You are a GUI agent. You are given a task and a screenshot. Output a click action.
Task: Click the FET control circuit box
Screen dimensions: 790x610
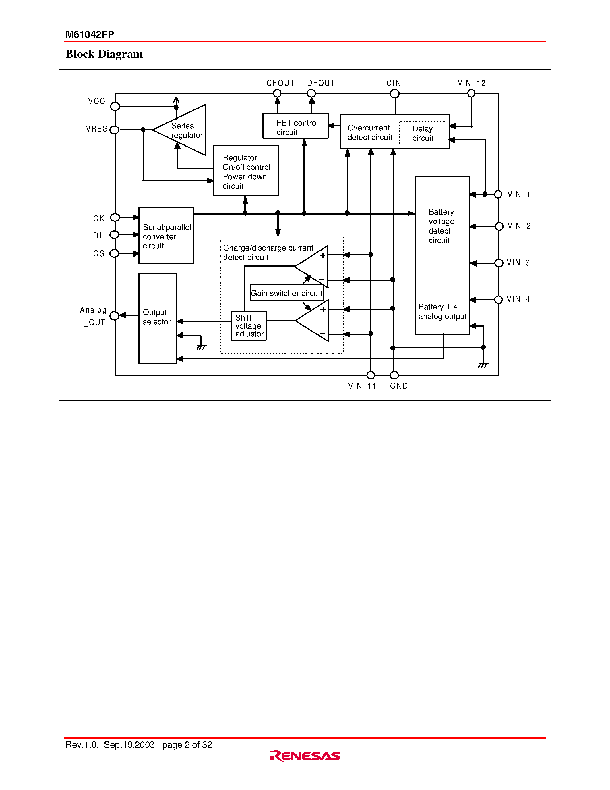295,126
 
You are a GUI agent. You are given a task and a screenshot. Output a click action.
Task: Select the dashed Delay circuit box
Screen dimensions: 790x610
422,133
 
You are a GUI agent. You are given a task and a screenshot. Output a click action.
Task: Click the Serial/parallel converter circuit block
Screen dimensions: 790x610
166,236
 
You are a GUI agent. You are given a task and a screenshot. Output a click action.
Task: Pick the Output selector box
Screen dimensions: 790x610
157,318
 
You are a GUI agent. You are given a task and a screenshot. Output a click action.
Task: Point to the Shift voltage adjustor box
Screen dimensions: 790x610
249,325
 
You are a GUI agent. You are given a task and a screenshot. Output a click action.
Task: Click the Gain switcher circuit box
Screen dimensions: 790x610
286,293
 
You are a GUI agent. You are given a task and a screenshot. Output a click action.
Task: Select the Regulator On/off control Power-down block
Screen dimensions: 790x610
246,171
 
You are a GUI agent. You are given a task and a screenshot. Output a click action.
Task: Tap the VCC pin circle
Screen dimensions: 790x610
115,106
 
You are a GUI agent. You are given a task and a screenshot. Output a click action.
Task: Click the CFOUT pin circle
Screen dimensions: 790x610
277,93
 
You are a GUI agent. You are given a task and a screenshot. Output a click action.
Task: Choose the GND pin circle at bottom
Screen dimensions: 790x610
394,375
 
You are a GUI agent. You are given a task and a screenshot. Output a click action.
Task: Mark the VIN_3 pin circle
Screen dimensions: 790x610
499,263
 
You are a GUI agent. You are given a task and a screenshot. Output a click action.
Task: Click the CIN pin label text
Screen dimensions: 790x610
394,83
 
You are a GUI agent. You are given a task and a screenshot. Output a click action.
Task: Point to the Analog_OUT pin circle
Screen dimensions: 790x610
114,315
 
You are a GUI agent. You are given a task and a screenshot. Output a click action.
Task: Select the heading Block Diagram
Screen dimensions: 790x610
104,54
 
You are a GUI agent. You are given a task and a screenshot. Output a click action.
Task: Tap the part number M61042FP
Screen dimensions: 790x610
90,34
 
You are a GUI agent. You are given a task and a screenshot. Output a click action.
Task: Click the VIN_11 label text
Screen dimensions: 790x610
362,386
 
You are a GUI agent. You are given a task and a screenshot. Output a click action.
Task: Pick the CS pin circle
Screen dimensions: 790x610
114,253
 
